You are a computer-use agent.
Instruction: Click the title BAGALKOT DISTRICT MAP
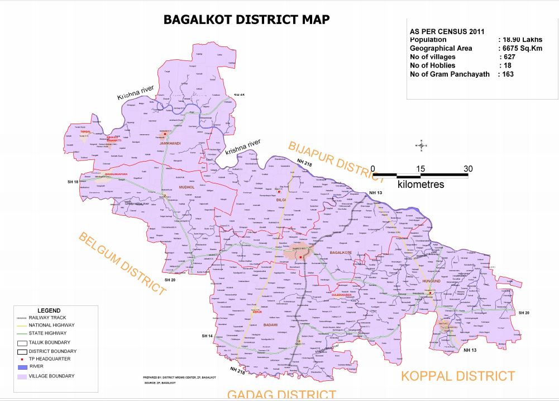tap(246, 20)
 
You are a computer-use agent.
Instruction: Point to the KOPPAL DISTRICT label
tap(458, 375)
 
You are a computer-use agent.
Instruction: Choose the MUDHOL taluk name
tap(170, 187)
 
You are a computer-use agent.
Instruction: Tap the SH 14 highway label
tap(207, 336)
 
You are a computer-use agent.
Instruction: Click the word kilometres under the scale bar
tap(421, 184)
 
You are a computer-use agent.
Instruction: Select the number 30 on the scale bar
tap(467, 169)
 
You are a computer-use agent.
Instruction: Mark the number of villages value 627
tap(507, 57)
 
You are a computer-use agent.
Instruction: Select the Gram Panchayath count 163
tap(507, 74)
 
